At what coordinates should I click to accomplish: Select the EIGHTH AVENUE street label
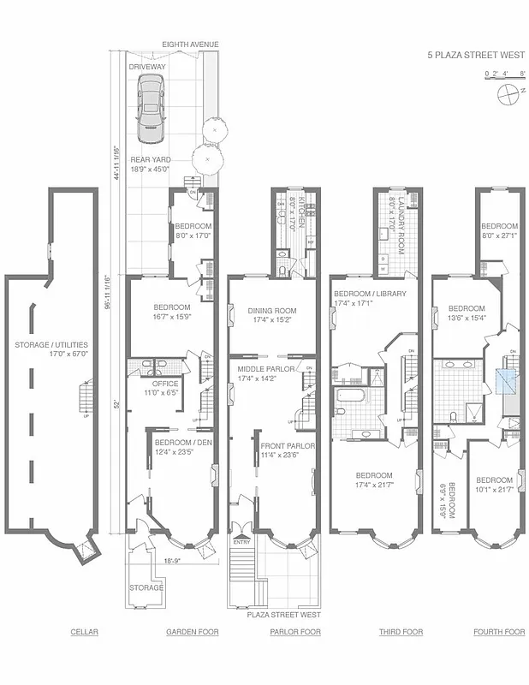click(192, 44)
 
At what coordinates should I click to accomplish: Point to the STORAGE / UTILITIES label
click(51, 345)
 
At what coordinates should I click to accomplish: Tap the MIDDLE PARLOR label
click(265, 367)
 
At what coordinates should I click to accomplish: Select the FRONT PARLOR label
click(287, 446)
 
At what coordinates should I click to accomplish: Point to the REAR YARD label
click(151, 159)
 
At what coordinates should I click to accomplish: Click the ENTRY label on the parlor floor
click(242, 541)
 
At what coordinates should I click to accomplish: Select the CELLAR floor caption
click(84, 632)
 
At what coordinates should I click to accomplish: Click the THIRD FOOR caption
click(401, 632)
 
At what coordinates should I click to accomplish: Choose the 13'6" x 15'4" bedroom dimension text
click(467, 318)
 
